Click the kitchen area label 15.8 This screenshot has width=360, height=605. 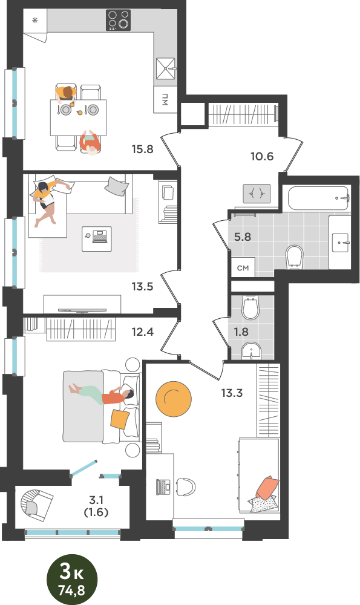(x=142, y=149)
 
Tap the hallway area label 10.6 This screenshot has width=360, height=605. (x=262, y=156)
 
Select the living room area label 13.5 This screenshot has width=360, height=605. (x=142, y=286)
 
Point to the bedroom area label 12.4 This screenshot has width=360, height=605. (x=142, y=332)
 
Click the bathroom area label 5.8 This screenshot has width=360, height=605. (x=243, y=237)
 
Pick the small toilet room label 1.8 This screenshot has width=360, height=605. (x=241, y=332)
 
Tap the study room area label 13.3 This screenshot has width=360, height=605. (x=232, y=393)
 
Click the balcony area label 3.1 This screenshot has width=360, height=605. (x=96, y=500)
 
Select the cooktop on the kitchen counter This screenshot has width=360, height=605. (x=119, y=20)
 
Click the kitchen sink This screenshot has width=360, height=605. (x=166, y=69)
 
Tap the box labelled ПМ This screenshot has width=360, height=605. (x=165, y=100)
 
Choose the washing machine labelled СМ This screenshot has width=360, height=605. (x=243, y=267)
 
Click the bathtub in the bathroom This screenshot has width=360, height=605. (x=319, y=198)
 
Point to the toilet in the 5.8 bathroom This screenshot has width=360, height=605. (x=295, y=256)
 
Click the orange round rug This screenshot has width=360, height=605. (x=174, y=399)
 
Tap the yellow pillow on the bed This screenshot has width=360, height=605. (x=120, y=419)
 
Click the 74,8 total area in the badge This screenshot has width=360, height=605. (x=71, y=589)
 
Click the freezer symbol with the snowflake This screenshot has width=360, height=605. (x=34, y=21)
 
